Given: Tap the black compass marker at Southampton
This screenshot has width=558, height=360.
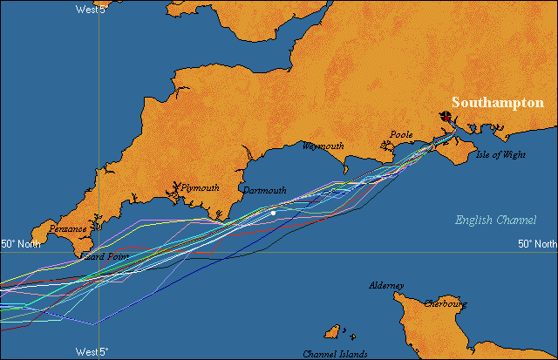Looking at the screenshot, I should (x=446, y=116).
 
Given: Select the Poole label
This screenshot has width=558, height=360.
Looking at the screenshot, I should (x=401, y=135).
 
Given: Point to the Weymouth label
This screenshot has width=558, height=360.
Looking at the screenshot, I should (x=323, y=146).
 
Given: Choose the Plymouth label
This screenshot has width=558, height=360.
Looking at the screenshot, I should (x=200, y=187).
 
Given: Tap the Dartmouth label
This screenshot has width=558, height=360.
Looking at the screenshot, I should (x=264, y=190).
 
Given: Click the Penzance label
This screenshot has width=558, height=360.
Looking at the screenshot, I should (x=68, y=229).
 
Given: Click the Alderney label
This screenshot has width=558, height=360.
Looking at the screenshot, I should (x=386, y=286).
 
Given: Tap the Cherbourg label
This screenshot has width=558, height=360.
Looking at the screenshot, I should (x=446, y=304).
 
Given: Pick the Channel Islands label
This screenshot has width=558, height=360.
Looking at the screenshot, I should (x=336, y=354).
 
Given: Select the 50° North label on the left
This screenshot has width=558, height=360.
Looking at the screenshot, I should (x=23, y=244).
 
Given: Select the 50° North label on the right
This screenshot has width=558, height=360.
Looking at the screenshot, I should (x=537, y=244).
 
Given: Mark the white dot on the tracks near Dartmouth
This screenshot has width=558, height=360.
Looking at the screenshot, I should (x=273, y=213).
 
